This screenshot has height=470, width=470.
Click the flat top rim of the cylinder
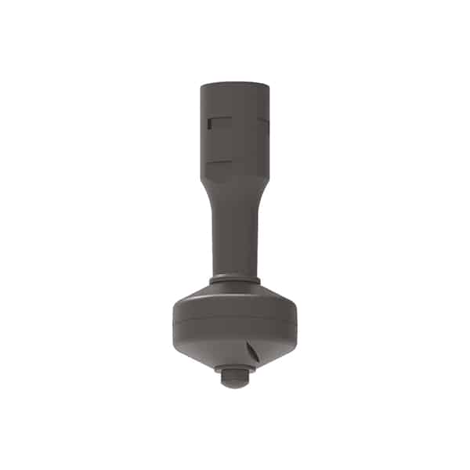[234, 83]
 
